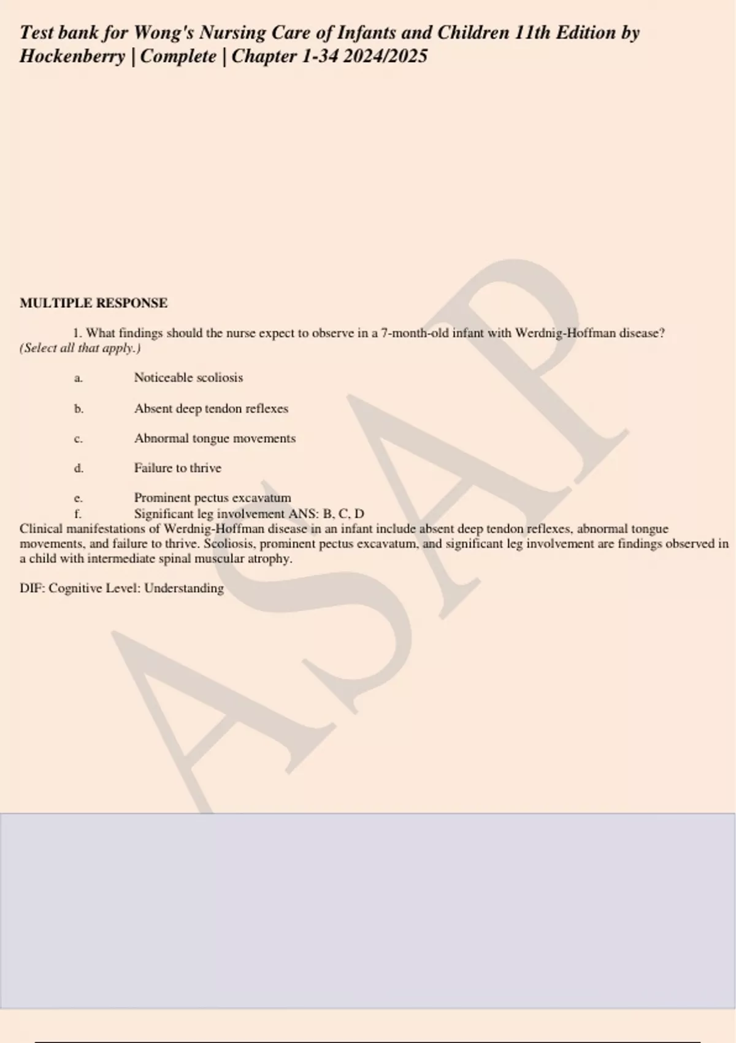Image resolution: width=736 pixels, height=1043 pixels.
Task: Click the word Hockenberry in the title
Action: (72, 56)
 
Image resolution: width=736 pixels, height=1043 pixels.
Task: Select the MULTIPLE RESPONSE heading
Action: (93, 303)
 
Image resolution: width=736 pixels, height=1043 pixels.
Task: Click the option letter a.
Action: (78, 378)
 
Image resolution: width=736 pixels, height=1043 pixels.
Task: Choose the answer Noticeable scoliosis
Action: (188, 378)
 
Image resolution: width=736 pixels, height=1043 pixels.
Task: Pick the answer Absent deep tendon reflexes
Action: (211, 409)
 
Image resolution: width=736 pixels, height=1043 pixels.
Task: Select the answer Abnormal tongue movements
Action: (215, 439)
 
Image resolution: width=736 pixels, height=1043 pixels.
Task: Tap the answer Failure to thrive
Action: (177, 468)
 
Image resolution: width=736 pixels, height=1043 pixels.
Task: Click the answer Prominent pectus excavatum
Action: (212, 498)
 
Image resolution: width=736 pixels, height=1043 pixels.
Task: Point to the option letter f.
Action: (78, 514)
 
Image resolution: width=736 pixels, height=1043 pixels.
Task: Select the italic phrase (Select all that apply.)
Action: (80, 348)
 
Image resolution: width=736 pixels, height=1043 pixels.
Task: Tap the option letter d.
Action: (79, 468)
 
